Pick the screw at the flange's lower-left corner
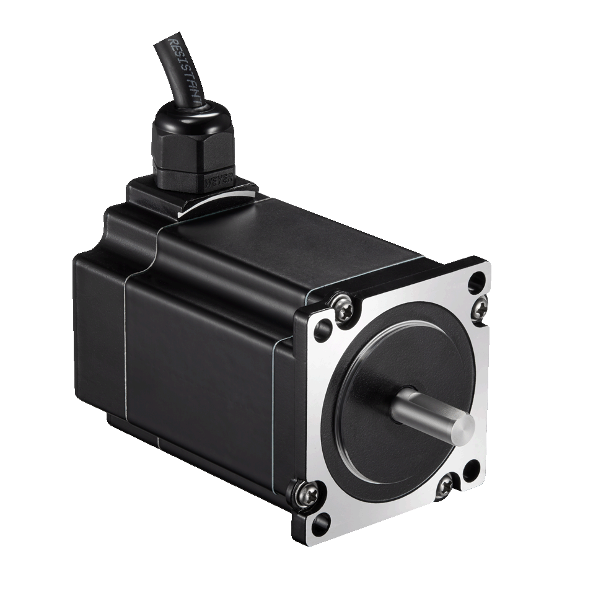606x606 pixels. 309,493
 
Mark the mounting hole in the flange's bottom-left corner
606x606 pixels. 319,525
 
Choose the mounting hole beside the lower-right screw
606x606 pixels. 471,469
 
